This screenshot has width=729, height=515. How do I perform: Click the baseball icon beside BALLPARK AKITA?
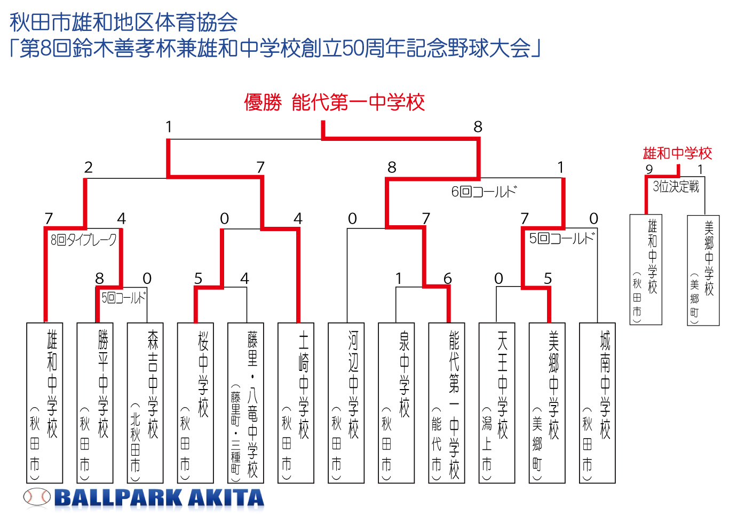point(37,497)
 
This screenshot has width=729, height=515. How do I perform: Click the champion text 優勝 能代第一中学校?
point(334,102)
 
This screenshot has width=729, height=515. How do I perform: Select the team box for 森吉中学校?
point(145,403)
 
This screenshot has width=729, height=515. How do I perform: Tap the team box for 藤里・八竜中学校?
point(245,403)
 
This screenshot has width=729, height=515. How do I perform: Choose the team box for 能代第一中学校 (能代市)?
point(447,403)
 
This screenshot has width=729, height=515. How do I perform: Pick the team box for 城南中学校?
point(597,403)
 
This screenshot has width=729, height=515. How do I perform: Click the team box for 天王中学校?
point(497,403)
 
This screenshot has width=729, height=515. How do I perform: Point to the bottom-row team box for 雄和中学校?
point(45,403)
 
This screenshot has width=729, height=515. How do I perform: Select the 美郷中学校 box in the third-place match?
point(703,270)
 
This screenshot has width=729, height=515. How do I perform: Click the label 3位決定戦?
point(676,187)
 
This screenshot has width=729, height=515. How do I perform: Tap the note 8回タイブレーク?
point(83,240)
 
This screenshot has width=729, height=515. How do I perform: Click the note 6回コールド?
point(484,192)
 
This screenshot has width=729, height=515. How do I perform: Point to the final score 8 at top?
point(478,126)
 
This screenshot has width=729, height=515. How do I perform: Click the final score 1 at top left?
point(169,126)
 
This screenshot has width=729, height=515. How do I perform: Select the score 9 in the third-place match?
point(649,169)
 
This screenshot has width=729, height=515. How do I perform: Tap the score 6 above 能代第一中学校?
point(448,279)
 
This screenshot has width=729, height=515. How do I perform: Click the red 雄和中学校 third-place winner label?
point(677,153)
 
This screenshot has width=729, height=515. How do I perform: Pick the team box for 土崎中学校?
point(296,403)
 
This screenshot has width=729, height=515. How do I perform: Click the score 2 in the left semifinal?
point(88,168)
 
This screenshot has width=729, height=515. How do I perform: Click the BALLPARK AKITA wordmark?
point(160,498)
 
